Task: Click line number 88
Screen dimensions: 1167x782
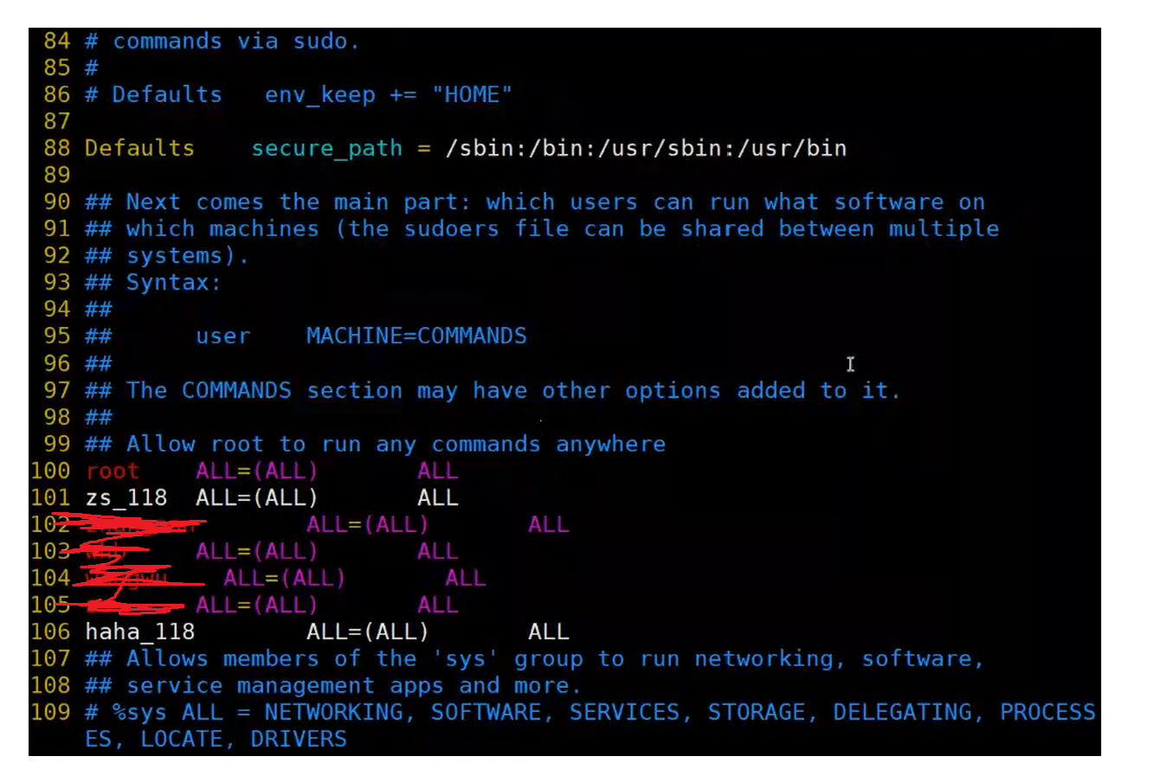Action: point(56,148)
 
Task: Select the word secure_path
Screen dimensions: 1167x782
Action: point(326,149)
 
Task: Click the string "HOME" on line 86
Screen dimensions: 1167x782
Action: point(472,94)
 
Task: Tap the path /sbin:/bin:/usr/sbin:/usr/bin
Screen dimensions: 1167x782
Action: point(646,149)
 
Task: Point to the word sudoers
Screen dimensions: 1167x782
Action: point(451,229)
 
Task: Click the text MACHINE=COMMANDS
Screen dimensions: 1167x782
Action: point(416,336)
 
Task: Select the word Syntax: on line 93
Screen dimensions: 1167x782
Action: point(173,283)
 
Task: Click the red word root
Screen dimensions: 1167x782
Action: point(113,471)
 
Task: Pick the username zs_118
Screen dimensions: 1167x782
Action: point(126,497)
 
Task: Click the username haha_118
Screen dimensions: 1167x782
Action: point(140,631)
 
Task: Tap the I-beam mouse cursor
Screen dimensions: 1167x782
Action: point(850,364)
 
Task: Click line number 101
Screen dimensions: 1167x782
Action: point(50,497)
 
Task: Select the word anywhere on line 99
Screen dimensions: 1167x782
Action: point(610,444)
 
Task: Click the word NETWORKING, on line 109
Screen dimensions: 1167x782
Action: point(334,712)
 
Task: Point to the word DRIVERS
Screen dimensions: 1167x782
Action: point(299,739)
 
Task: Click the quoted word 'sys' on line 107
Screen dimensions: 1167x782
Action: point(465,659)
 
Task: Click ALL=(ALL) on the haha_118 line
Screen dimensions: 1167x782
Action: point(367,631)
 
